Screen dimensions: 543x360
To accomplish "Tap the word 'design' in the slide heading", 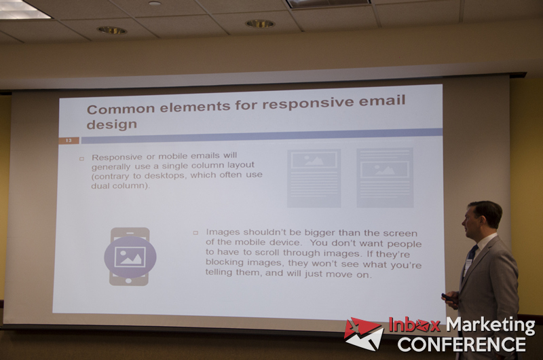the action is [112, 124].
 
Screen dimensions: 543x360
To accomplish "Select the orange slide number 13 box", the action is [69, 141].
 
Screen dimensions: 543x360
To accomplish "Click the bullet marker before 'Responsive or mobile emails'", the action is [81, 159].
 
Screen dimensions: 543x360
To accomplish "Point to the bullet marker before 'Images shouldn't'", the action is [195, 233].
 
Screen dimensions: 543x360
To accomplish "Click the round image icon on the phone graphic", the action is [130, 257].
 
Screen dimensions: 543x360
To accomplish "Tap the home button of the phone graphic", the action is [128, 281].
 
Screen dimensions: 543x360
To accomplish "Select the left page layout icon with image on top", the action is [314, 179].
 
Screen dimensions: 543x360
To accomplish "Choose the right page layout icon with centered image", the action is [385, 178].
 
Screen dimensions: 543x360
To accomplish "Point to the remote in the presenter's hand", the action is [448, 298].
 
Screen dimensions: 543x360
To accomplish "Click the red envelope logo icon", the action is [364, 334].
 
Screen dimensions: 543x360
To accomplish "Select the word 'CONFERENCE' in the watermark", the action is [462, 344].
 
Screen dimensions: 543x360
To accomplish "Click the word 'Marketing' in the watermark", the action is [490, 325].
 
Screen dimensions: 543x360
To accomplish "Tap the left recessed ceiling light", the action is [112, 31].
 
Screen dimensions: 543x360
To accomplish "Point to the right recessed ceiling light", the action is [260, 24].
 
